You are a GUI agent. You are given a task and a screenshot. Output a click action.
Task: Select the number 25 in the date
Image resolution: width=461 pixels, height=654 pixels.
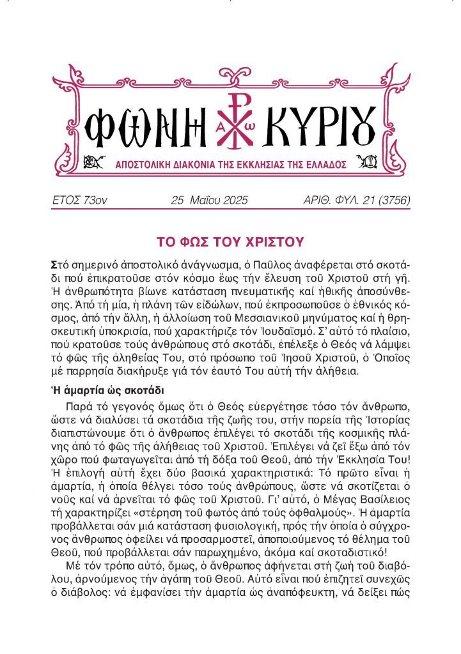point(178,201)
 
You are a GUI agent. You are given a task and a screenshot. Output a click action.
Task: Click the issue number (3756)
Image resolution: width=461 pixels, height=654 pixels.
point(387,201)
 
